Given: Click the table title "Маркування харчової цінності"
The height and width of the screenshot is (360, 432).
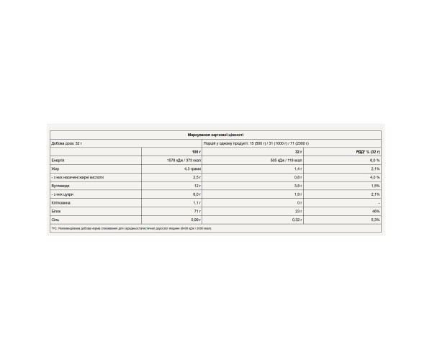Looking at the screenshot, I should (216, 135).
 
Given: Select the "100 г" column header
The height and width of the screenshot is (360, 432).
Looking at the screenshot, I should (195, 152).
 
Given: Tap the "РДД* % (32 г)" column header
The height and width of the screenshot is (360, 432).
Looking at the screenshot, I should (368, 152).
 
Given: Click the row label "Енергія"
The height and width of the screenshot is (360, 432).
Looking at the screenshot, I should (58, 161).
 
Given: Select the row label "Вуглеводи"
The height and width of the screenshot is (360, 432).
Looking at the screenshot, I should (60, 186).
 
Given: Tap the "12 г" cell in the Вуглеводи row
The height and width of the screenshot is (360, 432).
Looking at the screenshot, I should (195, 186).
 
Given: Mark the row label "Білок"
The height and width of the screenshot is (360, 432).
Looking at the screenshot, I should (57, 212).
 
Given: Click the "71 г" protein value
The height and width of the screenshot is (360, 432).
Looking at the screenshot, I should (195, 212).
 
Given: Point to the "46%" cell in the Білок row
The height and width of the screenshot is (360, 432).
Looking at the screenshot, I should (374, 212).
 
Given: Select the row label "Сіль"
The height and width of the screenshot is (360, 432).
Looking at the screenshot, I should (56, 221).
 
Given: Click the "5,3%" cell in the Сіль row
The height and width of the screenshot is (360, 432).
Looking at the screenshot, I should (372, 221).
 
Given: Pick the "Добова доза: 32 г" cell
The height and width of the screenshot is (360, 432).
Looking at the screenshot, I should (69, 143).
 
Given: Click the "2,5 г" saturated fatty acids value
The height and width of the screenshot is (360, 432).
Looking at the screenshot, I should (194, 178).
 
